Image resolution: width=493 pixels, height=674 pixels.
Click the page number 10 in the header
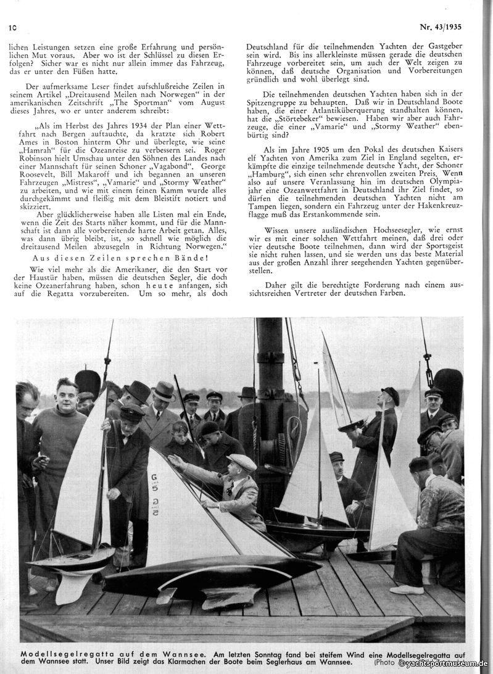click(12, 28)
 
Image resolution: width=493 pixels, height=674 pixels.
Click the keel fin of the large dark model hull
click(222, 596)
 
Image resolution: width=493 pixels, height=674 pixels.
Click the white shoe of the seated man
click(407, 589)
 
